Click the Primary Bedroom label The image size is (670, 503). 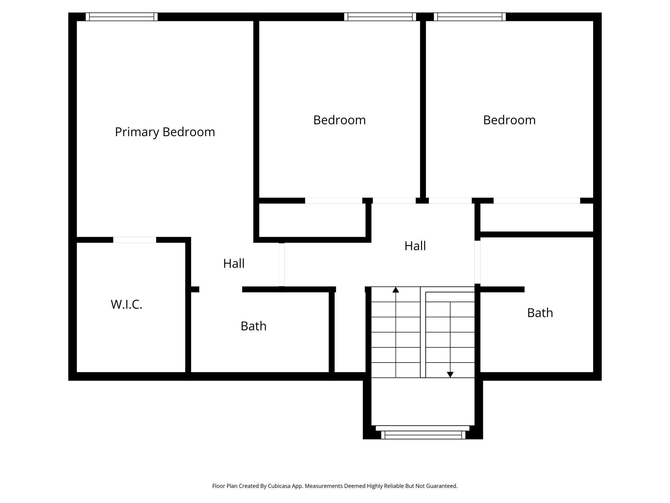click(165, 132)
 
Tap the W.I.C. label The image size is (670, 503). click(127, 305)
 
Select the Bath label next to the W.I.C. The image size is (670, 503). click(254, 326)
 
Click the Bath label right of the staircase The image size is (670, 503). click(540, 313)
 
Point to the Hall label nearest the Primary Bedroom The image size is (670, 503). click(234, 264)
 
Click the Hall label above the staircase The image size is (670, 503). click(415, 246)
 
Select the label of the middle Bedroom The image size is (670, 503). click(339, 120)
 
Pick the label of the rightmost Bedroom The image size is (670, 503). click(509, 120)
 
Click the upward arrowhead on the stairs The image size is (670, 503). click(396, 289)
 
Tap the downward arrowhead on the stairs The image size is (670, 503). click(450, 375)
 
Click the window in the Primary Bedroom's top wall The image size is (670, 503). click(122, 17)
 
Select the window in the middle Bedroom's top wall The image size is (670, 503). click(380, 17)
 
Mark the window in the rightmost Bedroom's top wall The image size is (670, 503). click(470, 17)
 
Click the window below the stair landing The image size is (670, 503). click(423, 435)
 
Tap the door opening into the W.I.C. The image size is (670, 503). click(134, 240)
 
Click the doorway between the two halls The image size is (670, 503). click(282, 265)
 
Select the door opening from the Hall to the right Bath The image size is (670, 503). click(477, 262)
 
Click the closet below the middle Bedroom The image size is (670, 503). click(312, 220)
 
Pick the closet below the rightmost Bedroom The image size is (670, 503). click(537, 217)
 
